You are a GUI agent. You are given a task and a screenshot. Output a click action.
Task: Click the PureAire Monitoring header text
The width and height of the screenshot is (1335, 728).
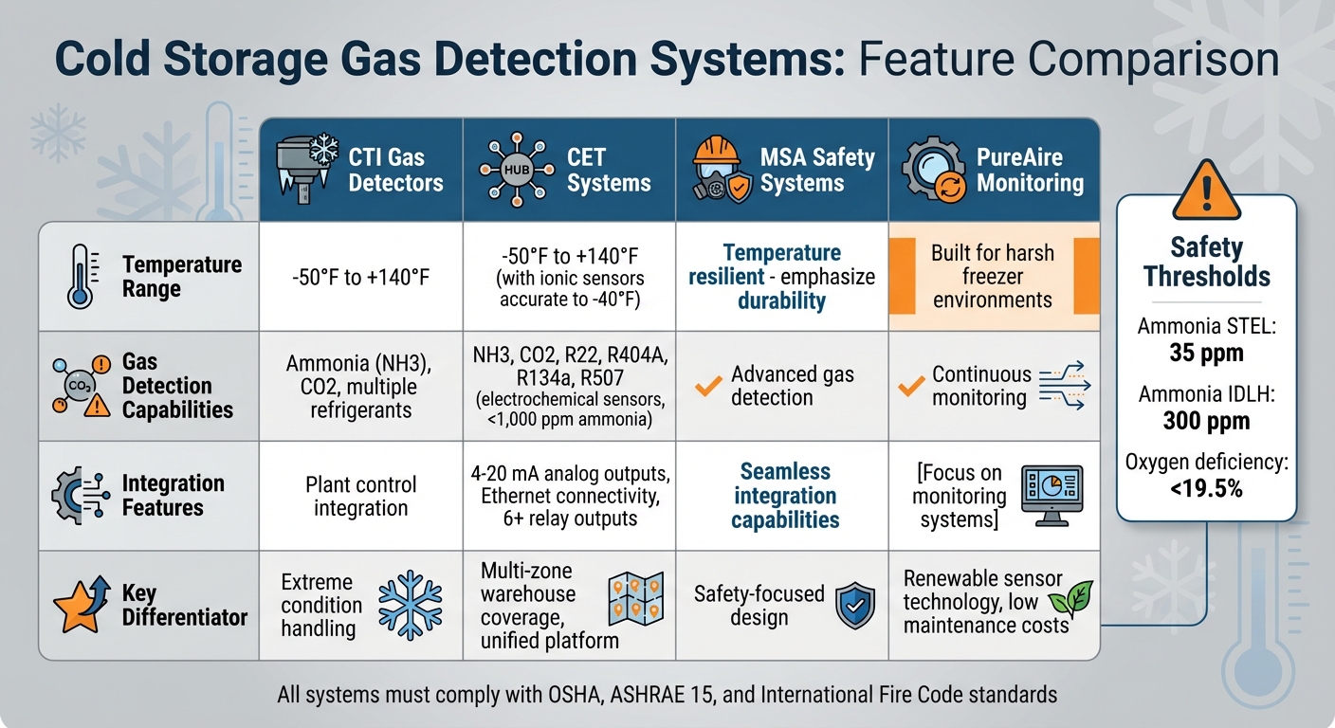pyautogui.click(x=1030, y=169)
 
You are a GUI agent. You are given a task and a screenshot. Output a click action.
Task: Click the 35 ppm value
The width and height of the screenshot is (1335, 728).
pyautogui.click(x=1206, y=355)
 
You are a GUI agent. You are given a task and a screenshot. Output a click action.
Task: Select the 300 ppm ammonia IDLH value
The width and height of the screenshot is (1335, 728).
pyautogui.click(x=1206, y=421)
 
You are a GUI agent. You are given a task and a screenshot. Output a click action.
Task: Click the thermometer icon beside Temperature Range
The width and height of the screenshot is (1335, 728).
pyautogui.click(x=80, y=276)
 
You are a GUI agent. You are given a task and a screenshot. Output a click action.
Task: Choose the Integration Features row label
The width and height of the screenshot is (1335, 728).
pyautogui.click(x=174, y=495)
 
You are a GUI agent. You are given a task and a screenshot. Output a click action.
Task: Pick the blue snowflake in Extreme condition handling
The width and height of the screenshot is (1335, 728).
pyautogui.click(x=410, y=604)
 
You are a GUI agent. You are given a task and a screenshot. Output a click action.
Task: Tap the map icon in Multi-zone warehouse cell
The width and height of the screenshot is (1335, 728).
pyautogui.click(x=629, y=597)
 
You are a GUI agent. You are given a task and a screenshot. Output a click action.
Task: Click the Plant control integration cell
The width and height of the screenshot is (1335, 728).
pyautogui.click(x=360, y=496)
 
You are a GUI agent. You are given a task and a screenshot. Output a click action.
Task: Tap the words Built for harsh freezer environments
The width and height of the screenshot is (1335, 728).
pyautogui.click(x=992, y=276)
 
